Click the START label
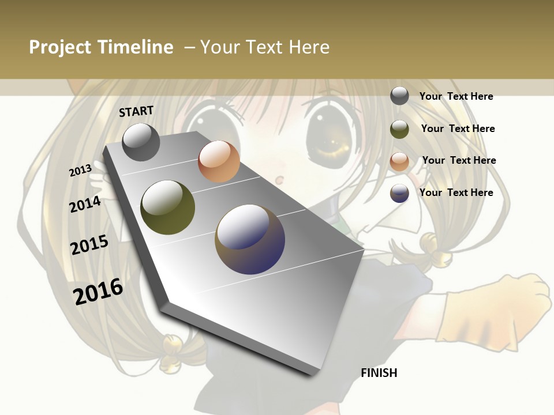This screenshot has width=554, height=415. tap(136, 111)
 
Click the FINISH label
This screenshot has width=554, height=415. tap(379, 373)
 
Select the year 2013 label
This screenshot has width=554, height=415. tap(80, 170)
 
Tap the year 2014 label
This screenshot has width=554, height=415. tap(85, 205)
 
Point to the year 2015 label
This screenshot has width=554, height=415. tap(89, 245)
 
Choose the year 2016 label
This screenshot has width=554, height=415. tap(98, 291)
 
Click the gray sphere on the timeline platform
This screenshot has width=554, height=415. tap(141, 142)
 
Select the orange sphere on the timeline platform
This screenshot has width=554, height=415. tap(219, 161)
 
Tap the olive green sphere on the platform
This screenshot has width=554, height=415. tap(167, 207)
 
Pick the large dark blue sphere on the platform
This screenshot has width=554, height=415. tap(250, 239)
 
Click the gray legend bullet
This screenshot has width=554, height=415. tap(399, 96)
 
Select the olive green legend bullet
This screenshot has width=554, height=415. tap(399, 129)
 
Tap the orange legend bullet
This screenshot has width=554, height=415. tap(399, 161)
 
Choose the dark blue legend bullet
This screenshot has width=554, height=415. tap(399, 193)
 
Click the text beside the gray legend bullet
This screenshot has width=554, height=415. tap(456, 96)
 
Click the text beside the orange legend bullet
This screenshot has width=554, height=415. tap(459, 160)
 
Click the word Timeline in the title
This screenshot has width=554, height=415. tap(136, 47)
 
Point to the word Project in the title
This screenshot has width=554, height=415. tap(60, 47)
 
